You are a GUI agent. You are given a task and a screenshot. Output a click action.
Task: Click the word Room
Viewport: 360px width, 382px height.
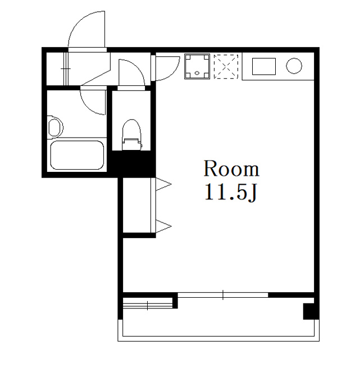[231, 169]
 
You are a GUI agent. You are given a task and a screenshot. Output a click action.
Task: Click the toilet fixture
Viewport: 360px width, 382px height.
[132, 135]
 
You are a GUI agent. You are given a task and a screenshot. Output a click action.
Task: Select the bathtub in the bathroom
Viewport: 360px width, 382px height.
[77, 155]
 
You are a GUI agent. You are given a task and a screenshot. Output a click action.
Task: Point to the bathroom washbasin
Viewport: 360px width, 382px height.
[55, 127]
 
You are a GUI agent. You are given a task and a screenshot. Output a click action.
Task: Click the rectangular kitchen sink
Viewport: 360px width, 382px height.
[264, 66]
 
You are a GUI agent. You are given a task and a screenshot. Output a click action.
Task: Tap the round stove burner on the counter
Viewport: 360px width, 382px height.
[294, 66]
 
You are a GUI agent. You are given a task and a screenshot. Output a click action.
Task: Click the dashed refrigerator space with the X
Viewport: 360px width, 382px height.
[226, 66]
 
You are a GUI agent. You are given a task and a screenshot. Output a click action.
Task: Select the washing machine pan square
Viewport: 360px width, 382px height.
[197, 66]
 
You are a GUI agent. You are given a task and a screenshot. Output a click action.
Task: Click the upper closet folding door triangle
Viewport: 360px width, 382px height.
[163, 184]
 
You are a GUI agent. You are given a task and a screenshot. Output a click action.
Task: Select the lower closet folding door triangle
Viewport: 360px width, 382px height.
[163, 226]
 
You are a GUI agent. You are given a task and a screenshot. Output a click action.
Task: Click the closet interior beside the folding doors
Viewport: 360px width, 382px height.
[136, 205]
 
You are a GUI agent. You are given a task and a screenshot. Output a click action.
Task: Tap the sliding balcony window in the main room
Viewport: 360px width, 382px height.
[223, 295]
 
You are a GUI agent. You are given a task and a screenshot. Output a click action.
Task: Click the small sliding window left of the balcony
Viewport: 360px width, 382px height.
[148, 306]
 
